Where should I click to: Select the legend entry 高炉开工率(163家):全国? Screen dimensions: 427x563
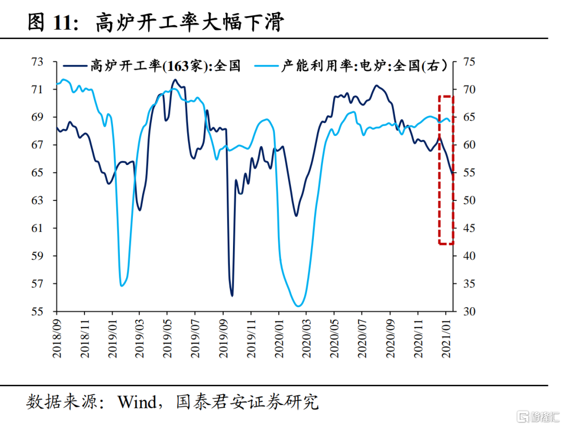pos(151,66)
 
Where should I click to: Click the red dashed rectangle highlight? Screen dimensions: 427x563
pos(446,170)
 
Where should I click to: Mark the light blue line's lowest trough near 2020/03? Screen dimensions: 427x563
pos(299,306)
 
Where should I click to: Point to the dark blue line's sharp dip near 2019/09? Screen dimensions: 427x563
pos(232,295)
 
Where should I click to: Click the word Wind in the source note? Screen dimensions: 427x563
pos(137,403)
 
